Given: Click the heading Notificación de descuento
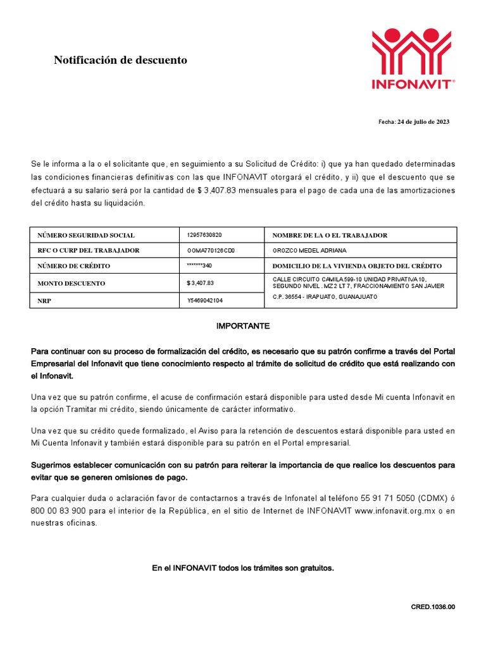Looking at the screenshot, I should click(120, 61).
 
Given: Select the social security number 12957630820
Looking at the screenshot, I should click(204, 234).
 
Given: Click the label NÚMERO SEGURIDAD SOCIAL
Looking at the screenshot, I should click(86, 235).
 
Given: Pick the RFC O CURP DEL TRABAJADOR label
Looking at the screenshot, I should click(89, 250).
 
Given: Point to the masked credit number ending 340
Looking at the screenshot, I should click(199, 265).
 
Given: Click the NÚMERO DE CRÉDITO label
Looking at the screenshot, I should click(74, 266).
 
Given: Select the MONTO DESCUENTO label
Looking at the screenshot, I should click(72, 284).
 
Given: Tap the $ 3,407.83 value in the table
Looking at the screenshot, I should click(201, 283).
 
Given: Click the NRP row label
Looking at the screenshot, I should click(44, 301).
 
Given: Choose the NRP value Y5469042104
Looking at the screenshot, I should click(205, 301).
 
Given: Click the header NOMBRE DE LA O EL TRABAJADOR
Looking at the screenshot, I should click(330, 235).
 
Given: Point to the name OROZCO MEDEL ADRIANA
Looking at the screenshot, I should click(309, 250).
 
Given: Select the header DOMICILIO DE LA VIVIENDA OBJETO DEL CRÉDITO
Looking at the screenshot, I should click(357, 266).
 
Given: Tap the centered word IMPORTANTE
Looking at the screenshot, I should click(243, 326).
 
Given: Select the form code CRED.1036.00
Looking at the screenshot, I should click(433, 607).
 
